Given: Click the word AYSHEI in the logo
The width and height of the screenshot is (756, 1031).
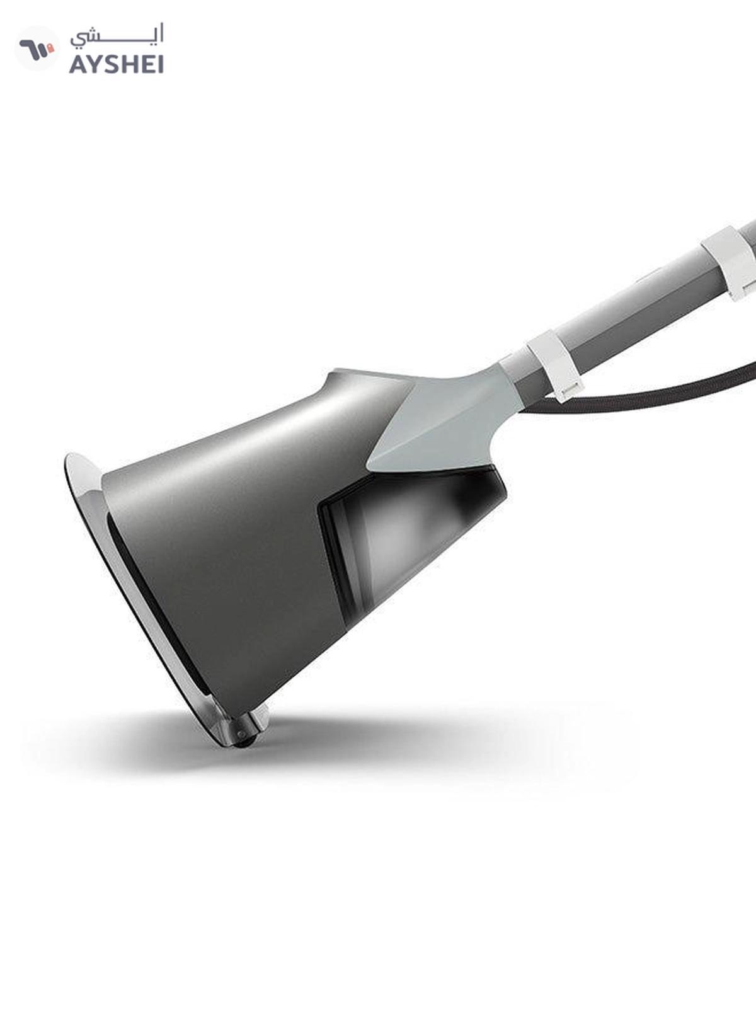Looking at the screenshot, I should click(x=117, y=64).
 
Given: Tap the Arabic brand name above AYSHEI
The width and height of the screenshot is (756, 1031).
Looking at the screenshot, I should click(x=117, y=36).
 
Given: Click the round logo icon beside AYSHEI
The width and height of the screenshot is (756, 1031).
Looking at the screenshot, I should click(x=37, y=49).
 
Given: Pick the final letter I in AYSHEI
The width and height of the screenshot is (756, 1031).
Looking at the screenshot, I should click(x=160, y=64).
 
